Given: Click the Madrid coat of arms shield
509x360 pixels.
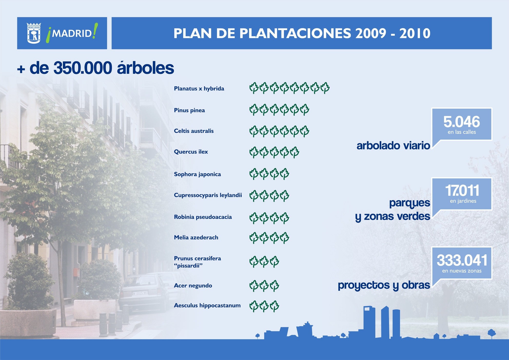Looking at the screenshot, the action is coord(34,33).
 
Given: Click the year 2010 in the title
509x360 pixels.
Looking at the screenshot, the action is coord(415,33).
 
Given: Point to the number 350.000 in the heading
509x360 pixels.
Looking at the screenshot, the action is coord(83,68).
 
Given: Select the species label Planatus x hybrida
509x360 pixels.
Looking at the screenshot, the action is coord(199,88).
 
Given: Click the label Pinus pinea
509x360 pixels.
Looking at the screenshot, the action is coord(189,110).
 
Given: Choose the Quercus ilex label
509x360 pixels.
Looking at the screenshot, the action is coord(191,152).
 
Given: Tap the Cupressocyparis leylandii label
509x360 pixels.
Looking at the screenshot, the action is coord(208,195).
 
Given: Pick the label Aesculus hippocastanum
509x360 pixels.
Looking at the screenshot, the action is coord(207,305).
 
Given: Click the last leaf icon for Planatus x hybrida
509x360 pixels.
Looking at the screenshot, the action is coord(325,88).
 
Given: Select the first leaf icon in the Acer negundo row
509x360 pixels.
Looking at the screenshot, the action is coord(254,286).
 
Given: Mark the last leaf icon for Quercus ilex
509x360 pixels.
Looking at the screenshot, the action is coord(295,152).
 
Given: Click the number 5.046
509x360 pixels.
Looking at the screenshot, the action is coord(462,122).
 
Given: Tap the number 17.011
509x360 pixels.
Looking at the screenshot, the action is coord(462,191).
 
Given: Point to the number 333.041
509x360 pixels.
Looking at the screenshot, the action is coord(462,260).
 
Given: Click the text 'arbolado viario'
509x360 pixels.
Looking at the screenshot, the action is coord(393,146).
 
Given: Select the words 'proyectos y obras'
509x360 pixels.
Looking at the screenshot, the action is coord(384,285).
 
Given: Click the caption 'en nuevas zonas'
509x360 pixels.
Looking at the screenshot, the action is coord(462,271).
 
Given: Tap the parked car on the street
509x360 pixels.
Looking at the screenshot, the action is coord(144,292).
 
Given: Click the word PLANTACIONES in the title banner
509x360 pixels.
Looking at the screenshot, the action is coord(295,33).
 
